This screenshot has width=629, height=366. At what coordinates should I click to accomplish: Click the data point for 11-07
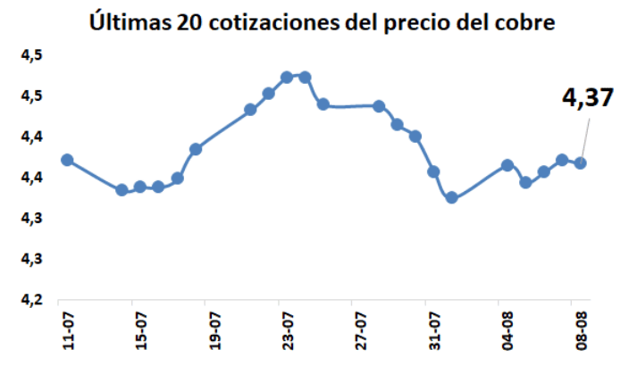pyautogui.click(x=67, y=160)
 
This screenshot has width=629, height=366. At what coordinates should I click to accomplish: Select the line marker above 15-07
pyautogui.click(x=140, y=187)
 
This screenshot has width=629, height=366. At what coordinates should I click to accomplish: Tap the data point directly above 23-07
pyautogui.click(x=287, y=77)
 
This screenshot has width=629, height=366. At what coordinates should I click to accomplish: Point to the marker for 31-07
pyautogui.click(x=433, y=171)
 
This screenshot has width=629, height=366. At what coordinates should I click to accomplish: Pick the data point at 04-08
pyautogui.click(x=507, y=165)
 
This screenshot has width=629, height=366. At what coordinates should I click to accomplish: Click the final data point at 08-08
pyautogui.click(x=580, y=162)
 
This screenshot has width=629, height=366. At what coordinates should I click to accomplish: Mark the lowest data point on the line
pyautogui.click(x=452, y=197)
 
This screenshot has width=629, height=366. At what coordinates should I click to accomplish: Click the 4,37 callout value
pyautogui.click(x=587, y=97)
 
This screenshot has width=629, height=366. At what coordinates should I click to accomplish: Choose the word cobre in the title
pyautogui.click(x=518, y=21)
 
